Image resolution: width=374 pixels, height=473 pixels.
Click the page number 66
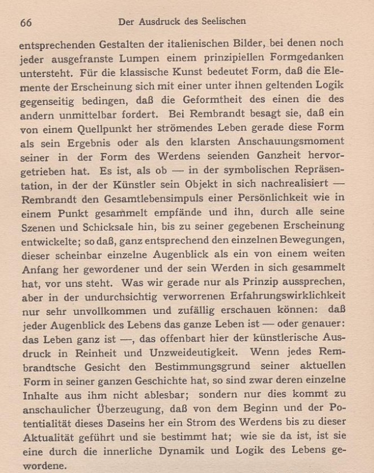coord(26,23)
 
